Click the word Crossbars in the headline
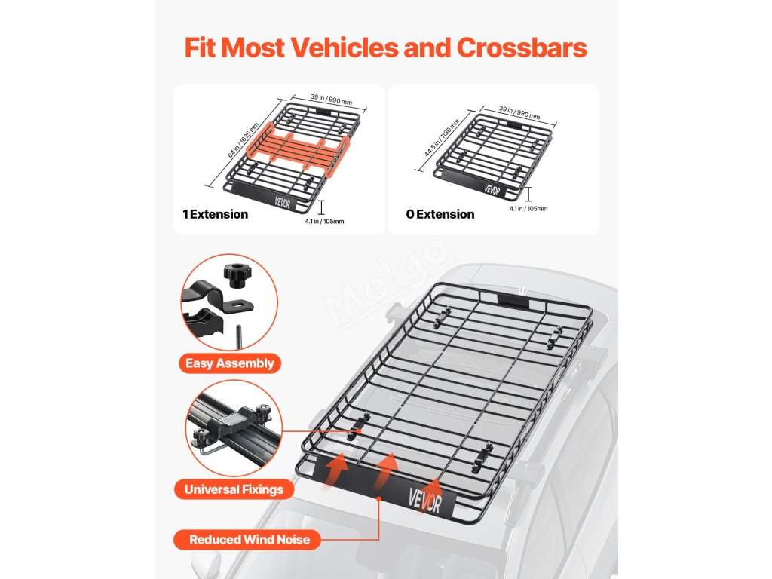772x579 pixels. pos(522,48)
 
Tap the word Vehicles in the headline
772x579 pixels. pos(335,48)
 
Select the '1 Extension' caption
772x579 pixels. pos(215,214)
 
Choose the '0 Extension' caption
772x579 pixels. pos(440,214)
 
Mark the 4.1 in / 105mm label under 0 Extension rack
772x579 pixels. pos(528,209)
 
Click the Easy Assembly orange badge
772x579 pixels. pos(230,363)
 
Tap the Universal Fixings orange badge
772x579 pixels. pos(234,489)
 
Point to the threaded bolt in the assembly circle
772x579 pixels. pos(239,333)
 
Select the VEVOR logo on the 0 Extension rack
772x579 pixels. pos(493,189)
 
